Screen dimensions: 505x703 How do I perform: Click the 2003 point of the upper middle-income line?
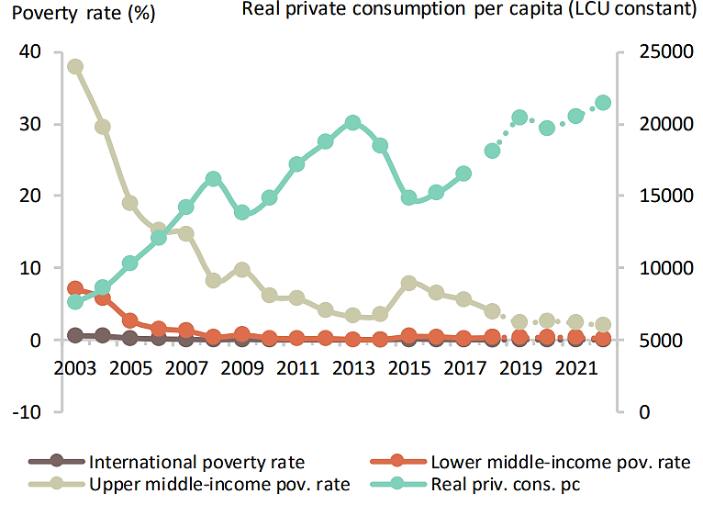(x=75, y=66)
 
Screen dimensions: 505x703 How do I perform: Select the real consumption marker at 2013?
(x=352, y=123)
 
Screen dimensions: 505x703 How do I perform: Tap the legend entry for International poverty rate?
(x=197, y=461)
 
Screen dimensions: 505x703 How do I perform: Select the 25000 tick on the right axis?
(x=658, y=52)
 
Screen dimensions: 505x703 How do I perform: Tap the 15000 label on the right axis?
(x=658, y=196)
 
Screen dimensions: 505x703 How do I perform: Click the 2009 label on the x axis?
(x=241, y=368)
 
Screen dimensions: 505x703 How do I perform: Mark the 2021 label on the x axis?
(x=575, y=368)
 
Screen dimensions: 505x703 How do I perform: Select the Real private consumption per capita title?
(x=468, y=10)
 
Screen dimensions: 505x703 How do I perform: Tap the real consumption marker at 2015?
(x=408, y=197)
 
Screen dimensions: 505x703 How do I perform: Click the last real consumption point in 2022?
(x=603, y=103)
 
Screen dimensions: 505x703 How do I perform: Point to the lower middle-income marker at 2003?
(x=75, y=289)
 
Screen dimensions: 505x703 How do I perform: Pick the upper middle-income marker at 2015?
(x=408, y=284)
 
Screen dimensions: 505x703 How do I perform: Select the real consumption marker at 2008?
(x=214, y=179)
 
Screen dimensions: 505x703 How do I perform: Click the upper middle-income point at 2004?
(x=103, y=127)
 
